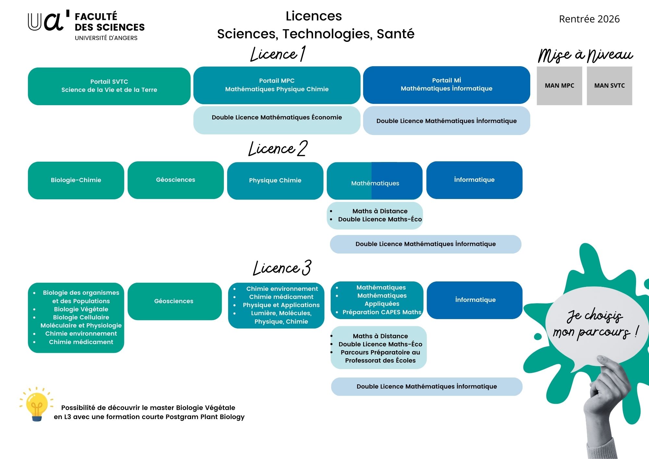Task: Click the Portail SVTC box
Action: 109,86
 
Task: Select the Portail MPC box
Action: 277,85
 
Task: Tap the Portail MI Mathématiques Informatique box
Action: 447,85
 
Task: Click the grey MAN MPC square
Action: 559,86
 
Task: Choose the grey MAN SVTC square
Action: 609,86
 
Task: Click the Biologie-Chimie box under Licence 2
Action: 76,180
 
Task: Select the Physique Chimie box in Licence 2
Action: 275,180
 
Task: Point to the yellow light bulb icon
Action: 37,405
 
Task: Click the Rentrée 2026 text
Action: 589,19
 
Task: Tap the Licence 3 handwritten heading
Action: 282,268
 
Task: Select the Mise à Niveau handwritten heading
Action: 585,55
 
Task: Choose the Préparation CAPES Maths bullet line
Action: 382,312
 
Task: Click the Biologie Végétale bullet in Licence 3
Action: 81,309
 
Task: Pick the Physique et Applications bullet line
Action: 281,305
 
